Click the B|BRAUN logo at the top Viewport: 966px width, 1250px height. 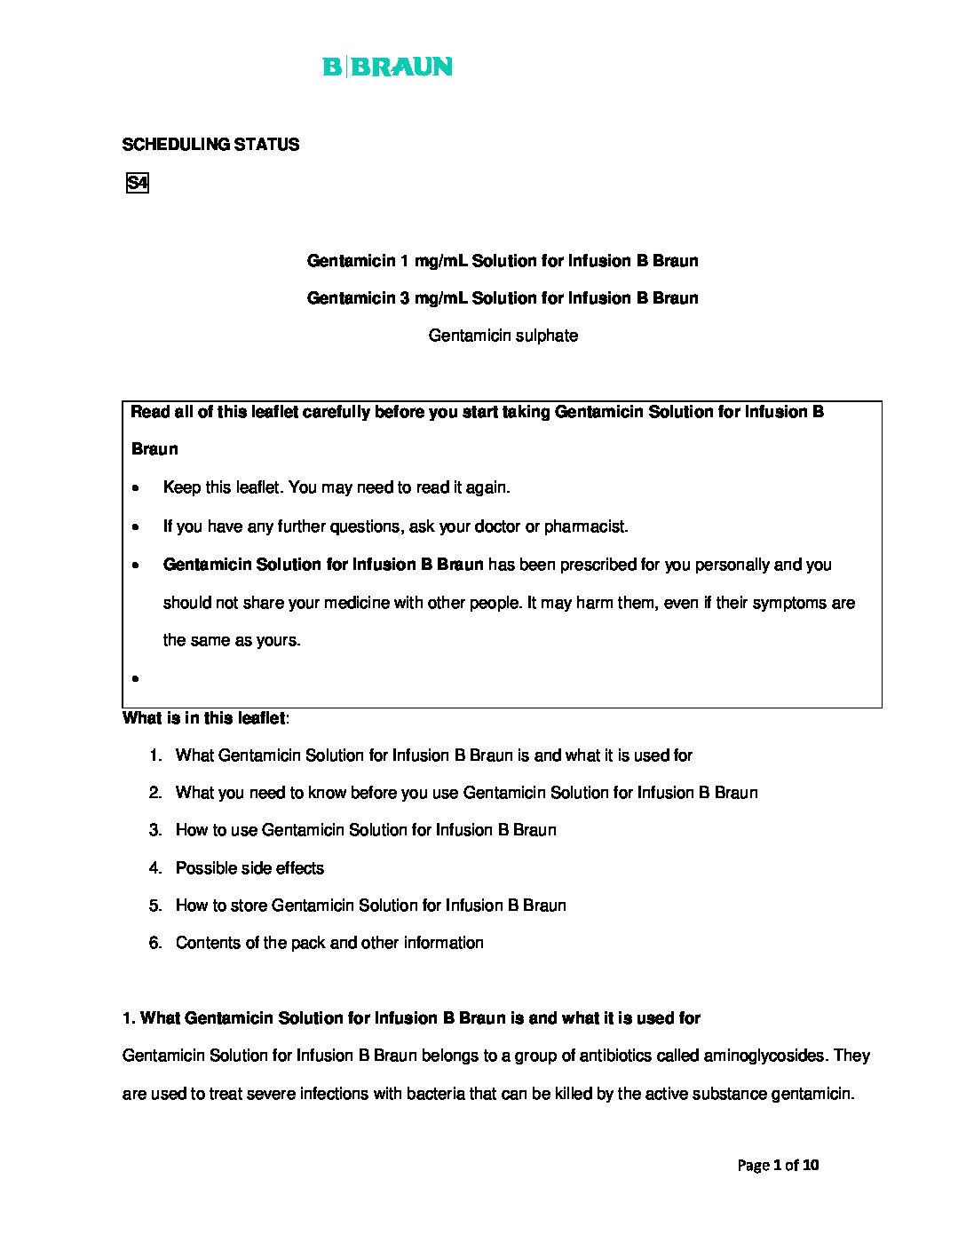pos(387,67)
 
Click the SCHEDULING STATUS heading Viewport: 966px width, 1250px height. pos(210,145)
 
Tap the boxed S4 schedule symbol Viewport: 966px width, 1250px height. pos(137,184)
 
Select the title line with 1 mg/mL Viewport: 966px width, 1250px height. pos(503,261)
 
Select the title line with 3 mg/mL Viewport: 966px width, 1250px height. pos(503,298)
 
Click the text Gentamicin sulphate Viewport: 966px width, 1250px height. pos(503,336)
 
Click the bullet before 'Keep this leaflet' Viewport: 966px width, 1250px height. pos(135,488)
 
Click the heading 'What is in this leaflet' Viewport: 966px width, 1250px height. pos(204,718)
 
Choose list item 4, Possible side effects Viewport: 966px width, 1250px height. pos(249,868)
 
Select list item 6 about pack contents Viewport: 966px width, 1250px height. pos(329,943)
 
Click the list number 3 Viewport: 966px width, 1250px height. pos(155,831)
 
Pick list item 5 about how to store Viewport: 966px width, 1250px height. pos(370,906)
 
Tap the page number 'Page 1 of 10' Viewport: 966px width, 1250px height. pos(778,1165)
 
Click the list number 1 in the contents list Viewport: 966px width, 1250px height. pos(155,756)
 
